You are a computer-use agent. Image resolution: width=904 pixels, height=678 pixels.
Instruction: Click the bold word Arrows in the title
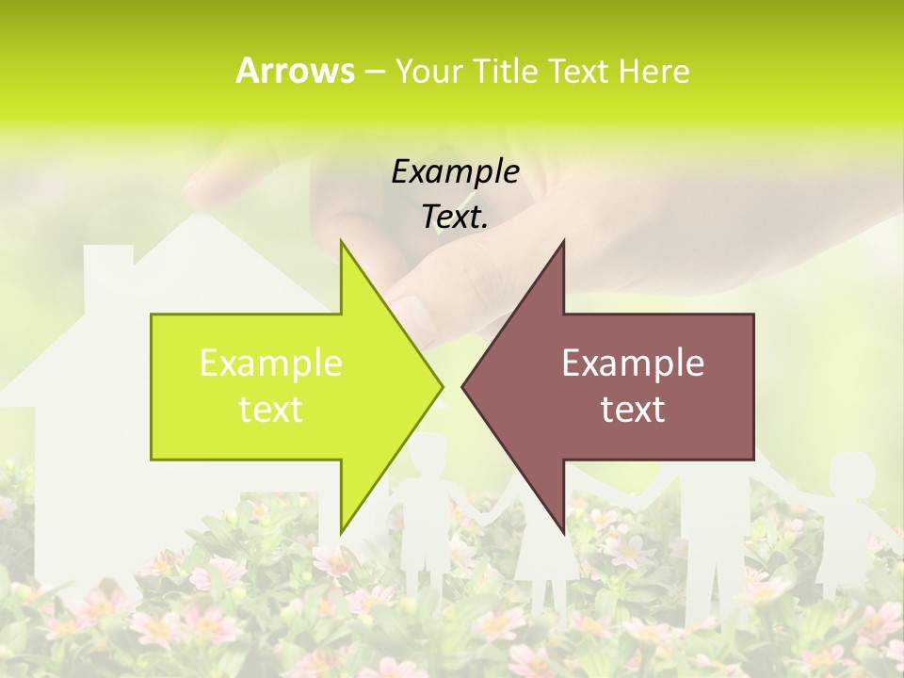pyautogui.click(x=295, y=71)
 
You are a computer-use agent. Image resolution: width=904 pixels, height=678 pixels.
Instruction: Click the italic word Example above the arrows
pyautogui.click(x=455, y=172)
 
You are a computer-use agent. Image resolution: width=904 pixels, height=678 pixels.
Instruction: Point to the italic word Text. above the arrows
pyautogui.click(x=455, y=218)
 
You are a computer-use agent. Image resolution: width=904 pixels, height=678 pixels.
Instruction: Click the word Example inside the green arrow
pyautogui.click(x=271, y=363)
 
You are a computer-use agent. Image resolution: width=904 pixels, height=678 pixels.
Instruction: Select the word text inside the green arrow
pyautogui.click(x=271, y=410)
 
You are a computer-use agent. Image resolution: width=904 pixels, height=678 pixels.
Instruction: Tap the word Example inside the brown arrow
pyautogui.click(x=633, y=363)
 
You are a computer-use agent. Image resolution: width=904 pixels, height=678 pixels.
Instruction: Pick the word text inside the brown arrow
pyautogui.click(x=633, y=410)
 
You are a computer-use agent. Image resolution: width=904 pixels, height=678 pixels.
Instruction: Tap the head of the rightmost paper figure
pyautogui.click(x=852, y=474)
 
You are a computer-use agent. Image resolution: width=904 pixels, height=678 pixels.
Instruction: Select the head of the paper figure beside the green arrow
pyautogui.click(x=428, y=457)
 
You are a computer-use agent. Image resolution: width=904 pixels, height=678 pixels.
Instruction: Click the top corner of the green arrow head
pyautogui.click(x=341, y=242)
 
